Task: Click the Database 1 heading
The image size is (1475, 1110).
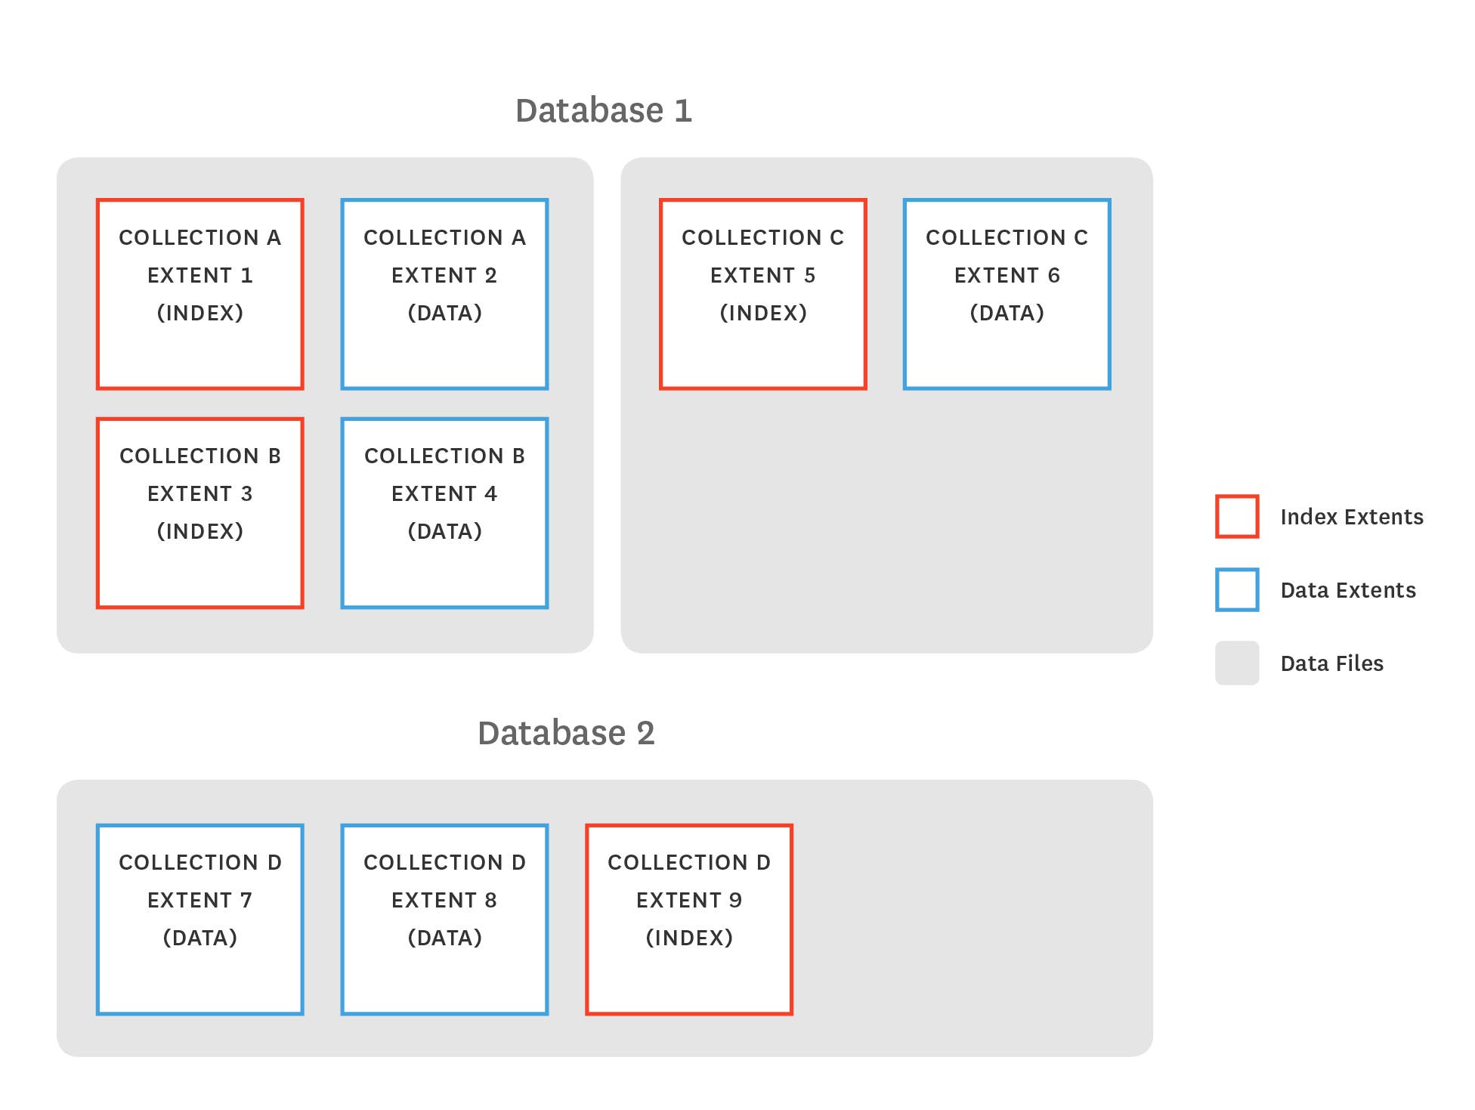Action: coord(603,110)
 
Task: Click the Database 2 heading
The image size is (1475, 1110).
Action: coord(566,733)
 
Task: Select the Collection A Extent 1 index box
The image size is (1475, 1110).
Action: coord(199,295)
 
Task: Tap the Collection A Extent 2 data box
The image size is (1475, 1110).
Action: coord(444,295)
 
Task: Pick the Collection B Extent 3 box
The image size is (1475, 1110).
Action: coord(199,513)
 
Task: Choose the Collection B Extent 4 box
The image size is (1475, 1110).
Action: coord(444,513)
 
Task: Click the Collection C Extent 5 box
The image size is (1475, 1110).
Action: coord(762,295)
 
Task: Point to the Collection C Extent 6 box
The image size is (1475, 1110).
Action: coord(1007,295)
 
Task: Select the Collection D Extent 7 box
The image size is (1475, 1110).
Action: coord(199,920)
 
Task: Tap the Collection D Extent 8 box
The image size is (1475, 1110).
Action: coord(444,920)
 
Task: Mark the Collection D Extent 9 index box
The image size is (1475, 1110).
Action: coord(688,920)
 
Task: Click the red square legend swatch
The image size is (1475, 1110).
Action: coord(1237,517)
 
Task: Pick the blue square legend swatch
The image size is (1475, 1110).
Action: coord(1237,590)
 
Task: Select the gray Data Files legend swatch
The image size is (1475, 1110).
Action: coord(1237,663)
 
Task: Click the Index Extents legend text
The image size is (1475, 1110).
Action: coord(1352,517)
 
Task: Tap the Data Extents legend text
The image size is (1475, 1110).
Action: coord(1348,590)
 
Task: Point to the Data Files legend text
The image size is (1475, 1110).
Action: coord(1331,663)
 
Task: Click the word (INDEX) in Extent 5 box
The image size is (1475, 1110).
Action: coord(763,313)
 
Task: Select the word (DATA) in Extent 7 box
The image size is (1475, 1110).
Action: coord(200,938)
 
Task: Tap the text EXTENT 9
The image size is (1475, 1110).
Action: coord(688,900)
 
